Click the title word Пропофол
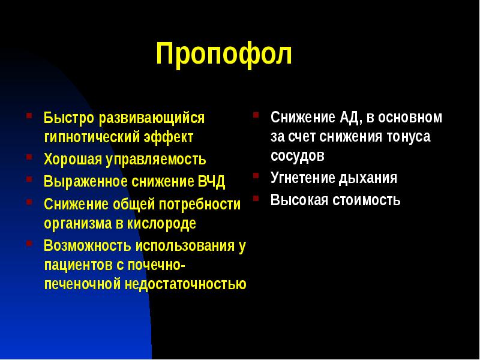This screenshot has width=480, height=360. (224, 55)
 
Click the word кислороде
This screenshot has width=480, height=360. (164, 224)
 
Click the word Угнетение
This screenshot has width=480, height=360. (303, 178)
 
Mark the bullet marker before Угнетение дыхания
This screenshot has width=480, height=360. (256, 176)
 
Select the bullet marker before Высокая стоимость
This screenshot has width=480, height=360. (256, 197)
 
